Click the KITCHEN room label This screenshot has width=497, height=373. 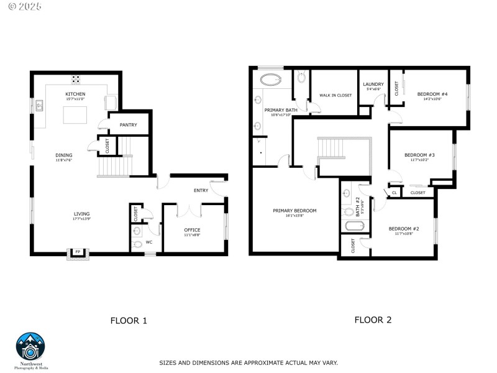pos(75,94)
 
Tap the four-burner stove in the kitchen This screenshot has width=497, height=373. pos(76,79)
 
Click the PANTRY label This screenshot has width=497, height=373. pos(129,125)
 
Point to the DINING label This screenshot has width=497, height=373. pos(64,155)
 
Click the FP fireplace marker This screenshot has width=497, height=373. pos(78,252)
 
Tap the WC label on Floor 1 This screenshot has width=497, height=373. pos(149,242)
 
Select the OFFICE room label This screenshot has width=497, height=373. pos(192,230)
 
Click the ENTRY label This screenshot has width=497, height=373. pos(201,191)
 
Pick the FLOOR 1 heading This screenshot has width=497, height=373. pos(129,321)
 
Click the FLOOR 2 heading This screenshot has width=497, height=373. pos(373,320)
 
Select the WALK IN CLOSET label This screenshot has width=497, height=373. pos(335,95)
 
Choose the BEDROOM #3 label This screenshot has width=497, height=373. pos(419,155)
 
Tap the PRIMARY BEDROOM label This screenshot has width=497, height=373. pos(294,211)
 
